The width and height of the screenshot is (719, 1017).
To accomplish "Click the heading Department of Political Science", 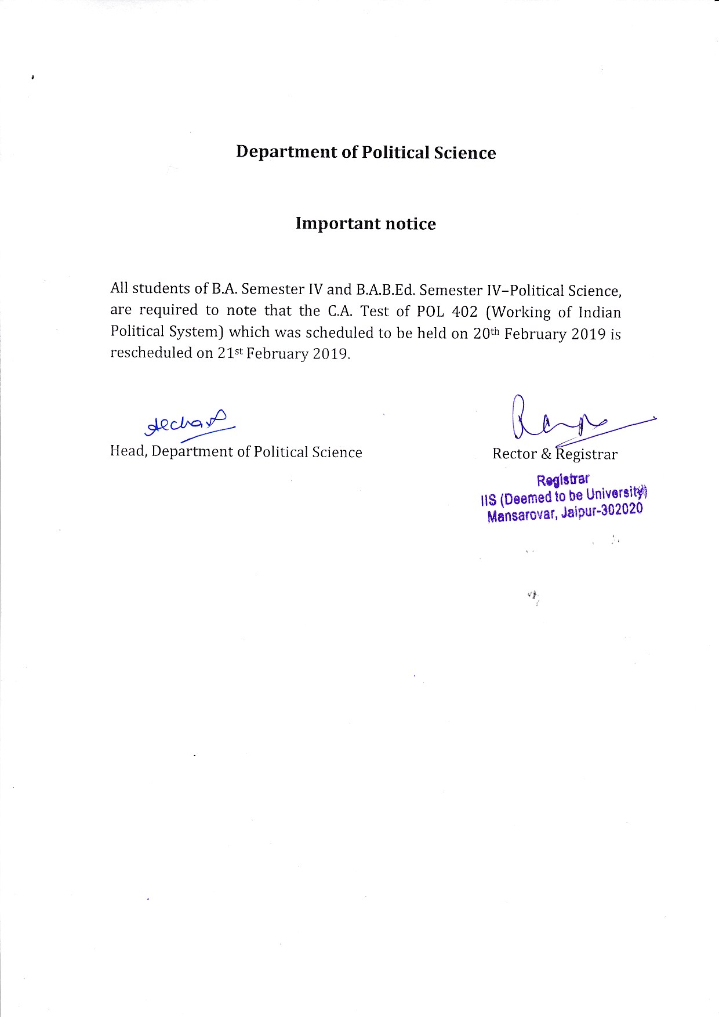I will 366,152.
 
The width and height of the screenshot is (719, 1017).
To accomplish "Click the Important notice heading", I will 365,223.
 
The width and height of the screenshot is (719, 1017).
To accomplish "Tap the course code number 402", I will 464,312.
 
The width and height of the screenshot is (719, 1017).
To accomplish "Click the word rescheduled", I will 151,353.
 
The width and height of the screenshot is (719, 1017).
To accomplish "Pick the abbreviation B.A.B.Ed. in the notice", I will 381,289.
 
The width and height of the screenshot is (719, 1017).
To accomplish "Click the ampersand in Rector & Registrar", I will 546,454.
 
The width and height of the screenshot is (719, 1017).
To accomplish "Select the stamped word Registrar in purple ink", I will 562,480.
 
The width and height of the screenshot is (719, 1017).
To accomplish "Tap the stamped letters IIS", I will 488,500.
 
